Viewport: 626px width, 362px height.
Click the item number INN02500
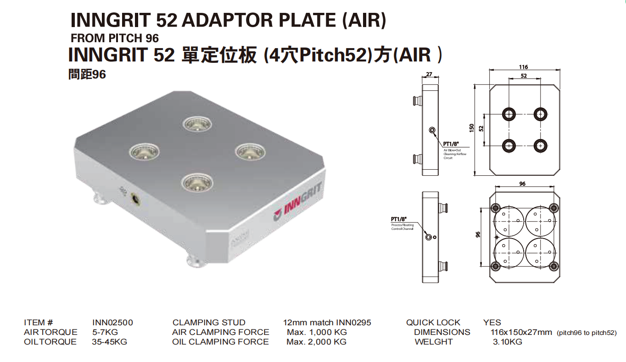112,323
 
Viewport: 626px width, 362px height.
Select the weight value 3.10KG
507,342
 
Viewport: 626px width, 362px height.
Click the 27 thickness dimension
429,74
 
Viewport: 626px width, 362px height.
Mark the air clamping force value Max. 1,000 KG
317,332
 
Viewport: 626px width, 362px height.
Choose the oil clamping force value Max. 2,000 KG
316,342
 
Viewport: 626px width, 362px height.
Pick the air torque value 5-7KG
105,332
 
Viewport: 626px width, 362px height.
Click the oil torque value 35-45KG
110,342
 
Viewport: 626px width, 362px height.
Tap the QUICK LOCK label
433,323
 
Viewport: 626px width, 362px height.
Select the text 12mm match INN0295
327,323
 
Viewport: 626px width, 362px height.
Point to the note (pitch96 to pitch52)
586,333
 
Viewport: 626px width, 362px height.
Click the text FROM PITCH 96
115,39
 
